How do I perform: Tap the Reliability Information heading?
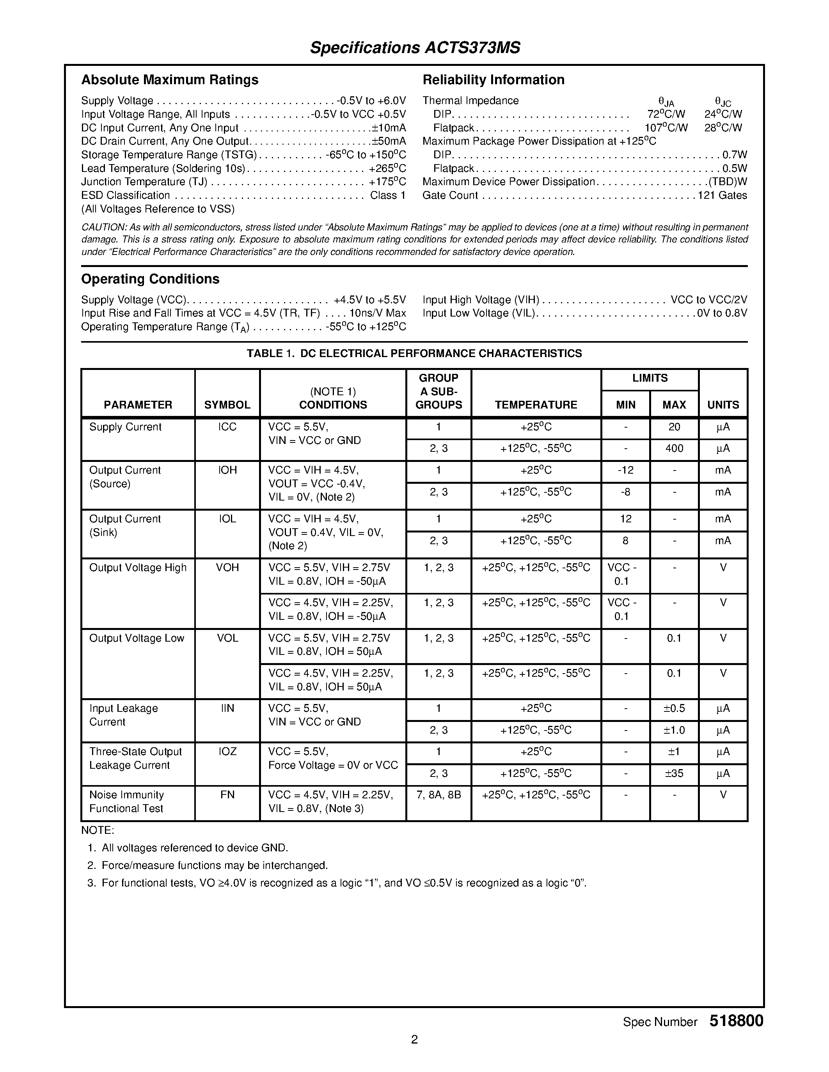pos(493,80)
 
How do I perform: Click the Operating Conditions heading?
pos(150,279)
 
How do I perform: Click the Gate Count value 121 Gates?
pos(722,195)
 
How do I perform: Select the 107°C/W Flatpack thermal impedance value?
pos(666,127)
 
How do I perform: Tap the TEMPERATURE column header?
pos(535,405)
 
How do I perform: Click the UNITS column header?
pos(722,405)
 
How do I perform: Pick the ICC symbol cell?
pos(227,427)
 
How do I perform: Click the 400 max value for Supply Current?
pos(674,449)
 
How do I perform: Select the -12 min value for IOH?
pos(625,470)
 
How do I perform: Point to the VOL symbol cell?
pos(227,638)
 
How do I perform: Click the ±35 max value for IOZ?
pos(674,773)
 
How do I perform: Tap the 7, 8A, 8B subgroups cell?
pos(438,795)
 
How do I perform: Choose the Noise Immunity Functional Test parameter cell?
pos(126,801)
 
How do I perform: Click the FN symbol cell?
pos(227,795)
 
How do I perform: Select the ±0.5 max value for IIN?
pos(674,708)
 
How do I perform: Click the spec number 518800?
pos(736,1021)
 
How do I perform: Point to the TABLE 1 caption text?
pos(414,354)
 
